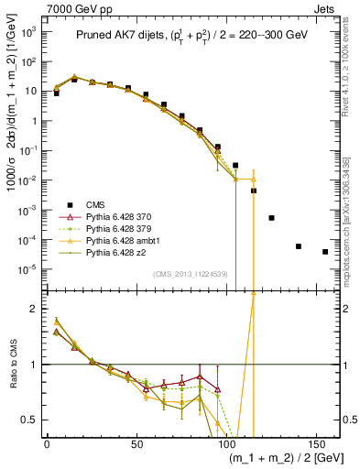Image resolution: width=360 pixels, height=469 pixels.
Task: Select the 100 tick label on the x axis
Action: (x=226, y=443)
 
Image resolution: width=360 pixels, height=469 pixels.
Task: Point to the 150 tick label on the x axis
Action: (x=316, y=443)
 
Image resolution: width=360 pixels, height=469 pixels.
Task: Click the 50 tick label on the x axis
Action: (x=136, y=443)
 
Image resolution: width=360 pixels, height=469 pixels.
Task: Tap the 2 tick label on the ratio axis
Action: (x=34, y=309)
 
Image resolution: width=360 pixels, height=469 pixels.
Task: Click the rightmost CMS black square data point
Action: (x=325, y=251)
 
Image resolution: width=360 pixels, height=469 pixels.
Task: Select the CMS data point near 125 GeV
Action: (x=271, y=218)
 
